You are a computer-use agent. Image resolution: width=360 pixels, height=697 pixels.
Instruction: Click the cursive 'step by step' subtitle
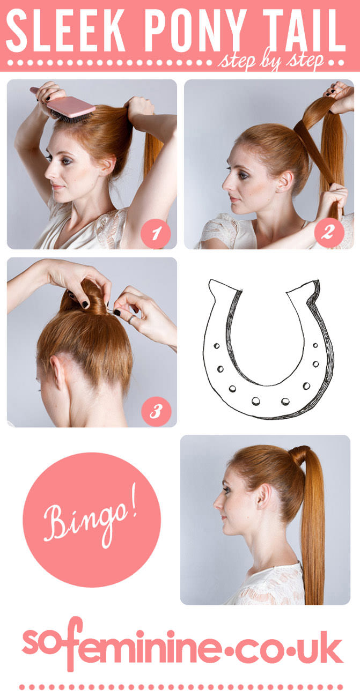(x=271, y=62)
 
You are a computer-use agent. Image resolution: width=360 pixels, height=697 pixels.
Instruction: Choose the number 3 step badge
(x=156, y=412)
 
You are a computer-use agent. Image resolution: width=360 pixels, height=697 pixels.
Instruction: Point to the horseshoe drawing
(x=268, y=349)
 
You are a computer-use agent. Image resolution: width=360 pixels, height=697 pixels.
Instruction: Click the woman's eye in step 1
(x=49, y=158)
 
